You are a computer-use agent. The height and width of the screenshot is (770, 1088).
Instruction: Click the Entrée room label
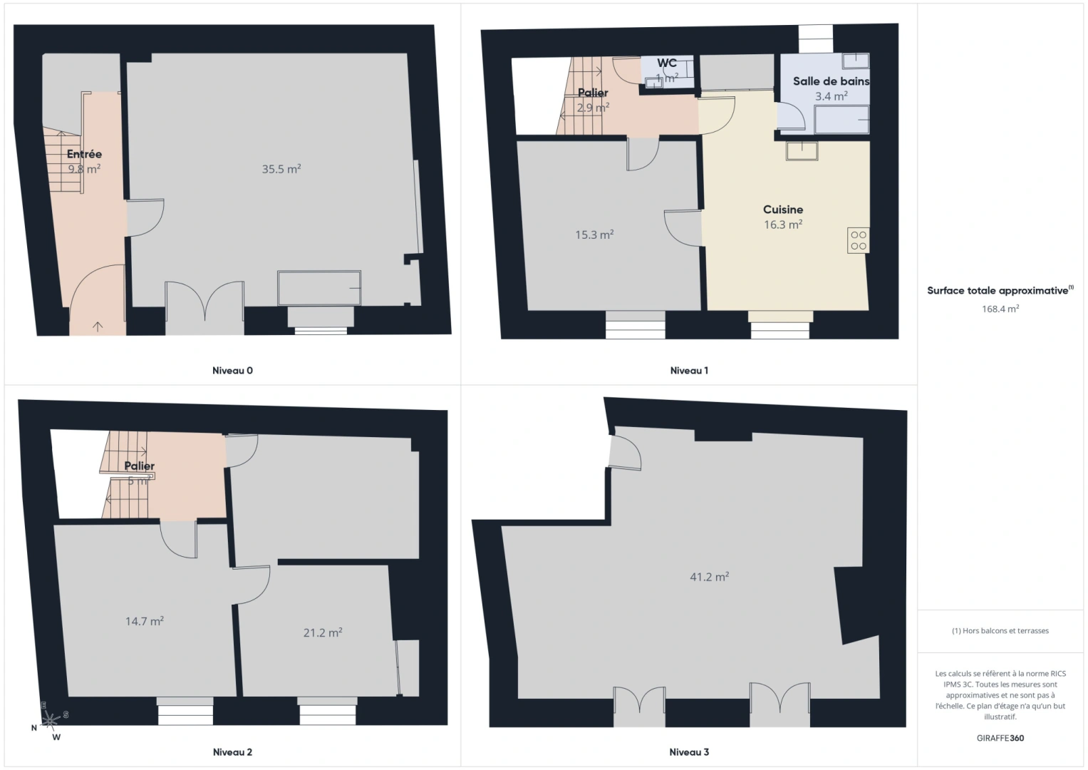[x=84, y=154]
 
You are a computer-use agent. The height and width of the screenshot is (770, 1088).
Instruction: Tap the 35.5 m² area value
[x=281, y=169]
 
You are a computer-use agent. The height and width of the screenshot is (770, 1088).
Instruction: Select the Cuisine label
[x=783, y=210]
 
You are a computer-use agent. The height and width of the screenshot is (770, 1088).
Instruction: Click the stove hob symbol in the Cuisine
[x=859, y=240]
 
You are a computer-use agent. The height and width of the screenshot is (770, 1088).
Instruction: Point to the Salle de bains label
[x=831, y=81]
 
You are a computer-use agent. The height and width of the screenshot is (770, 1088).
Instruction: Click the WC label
[x=667, y=63]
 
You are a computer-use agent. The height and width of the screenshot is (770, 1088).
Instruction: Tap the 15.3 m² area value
[x=594, y=235]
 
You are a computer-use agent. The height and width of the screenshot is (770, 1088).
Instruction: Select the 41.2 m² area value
[x=709, y=577]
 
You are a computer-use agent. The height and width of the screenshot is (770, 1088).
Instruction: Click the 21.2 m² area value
[x=323, y=632]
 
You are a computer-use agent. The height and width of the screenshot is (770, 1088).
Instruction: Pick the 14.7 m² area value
[x=145, y=621]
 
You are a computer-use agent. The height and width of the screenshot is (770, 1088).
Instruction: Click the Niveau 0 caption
[x=232, y=371]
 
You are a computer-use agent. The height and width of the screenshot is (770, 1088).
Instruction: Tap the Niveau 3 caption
[x=689, y=752]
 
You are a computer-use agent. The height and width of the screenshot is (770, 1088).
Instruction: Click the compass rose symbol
[x=49, y=722]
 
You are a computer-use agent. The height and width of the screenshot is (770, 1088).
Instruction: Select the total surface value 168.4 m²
[x=1000, y=309]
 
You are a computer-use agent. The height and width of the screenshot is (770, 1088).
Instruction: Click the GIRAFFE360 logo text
[x=1000, y=738]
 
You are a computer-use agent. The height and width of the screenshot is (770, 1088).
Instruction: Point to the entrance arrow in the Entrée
[x=98, y=327]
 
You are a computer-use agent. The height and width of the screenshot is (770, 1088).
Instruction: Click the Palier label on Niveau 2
[x=140, y=466]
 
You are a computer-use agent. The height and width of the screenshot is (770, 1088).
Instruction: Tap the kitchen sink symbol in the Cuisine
[x=802, y=150]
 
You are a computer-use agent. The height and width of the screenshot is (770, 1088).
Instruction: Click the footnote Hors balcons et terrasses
[x=1000, y=631]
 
